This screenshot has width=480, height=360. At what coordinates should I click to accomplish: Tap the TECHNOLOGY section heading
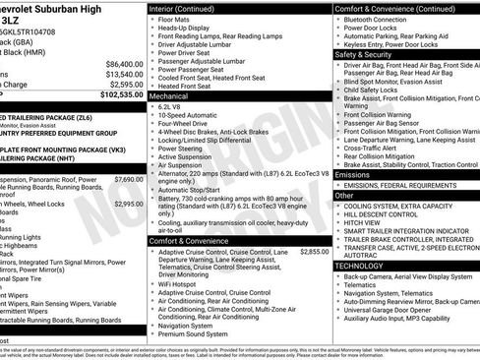pos(358,266)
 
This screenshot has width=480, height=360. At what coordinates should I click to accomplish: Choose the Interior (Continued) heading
pos(189,8)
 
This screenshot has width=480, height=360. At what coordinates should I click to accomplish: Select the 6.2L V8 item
pos(174,108)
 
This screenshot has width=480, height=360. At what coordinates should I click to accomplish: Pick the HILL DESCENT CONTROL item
pos(386,213)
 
